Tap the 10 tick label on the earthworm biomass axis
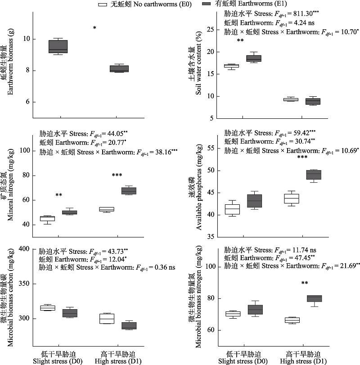click(27, 39)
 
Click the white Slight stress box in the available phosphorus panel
click(232, 209)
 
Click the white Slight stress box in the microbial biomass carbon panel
click(48, 308)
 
